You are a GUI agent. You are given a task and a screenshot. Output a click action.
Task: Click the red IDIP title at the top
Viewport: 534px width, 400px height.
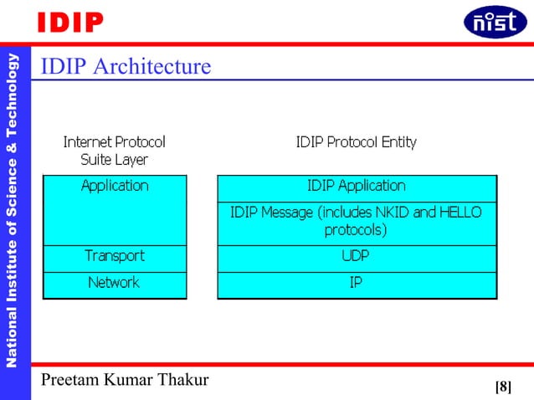click(x=69, y=23)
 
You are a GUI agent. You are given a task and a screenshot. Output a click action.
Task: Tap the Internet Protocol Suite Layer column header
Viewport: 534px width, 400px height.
click(x=115, y=150)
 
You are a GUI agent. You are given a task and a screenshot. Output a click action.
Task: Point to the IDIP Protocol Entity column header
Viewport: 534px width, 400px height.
click(x=357, y=142)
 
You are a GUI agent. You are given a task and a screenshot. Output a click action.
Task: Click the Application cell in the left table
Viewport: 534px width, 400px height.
click(x=115, y=186)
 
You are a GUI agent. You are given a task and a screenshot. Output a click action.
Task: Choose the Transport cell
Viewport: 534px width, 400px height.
click(x=115, y=256)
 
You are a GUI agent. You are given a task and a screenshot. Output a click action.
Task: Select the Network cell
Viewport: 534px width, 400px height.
click(x=115, y=283)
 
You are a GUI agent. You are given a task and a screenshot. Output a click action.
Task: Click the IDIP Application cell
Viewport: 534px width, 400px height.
click(x=357, y=186)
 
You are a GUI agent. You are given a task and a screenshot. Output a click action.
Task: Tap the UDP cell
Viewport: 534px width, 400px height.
click(x=357, y=256)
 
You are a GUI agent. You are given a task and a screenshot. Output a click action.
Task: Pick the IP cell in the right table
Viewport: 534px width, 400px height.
click(x=357, y=283)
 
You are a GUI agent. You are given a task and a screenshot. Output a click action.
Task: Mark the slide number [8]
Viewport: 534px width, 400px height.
click(x=503, y=386)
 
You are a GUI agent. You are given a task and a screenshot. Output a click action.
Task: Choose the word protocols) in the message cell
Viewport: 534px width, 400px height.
click(x=356, y=229)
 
